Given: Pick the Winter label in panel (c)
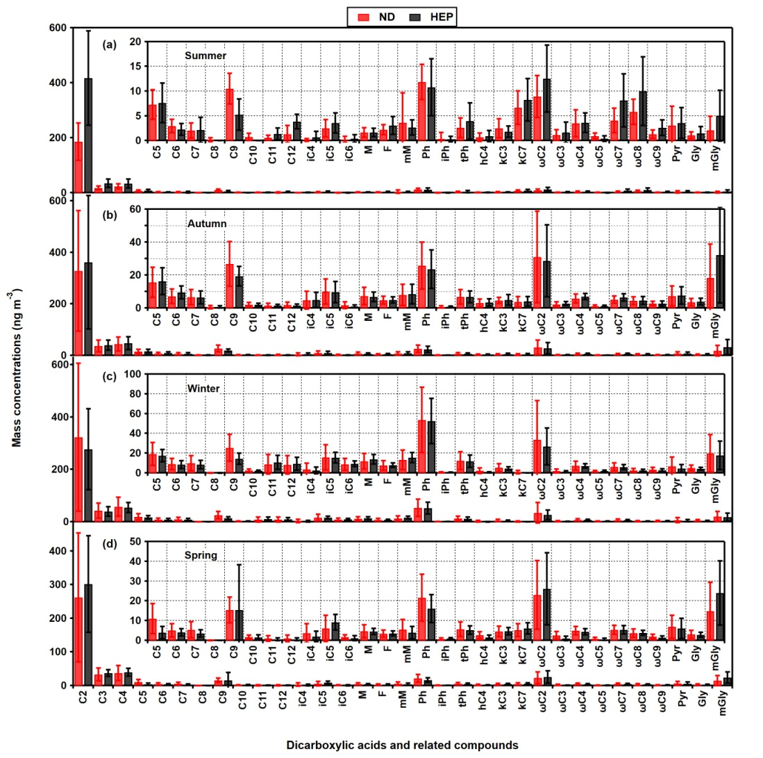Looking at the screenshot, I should (x=203, y=388).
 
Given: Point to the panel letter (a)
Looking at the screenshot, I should (x=108, y=44).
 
